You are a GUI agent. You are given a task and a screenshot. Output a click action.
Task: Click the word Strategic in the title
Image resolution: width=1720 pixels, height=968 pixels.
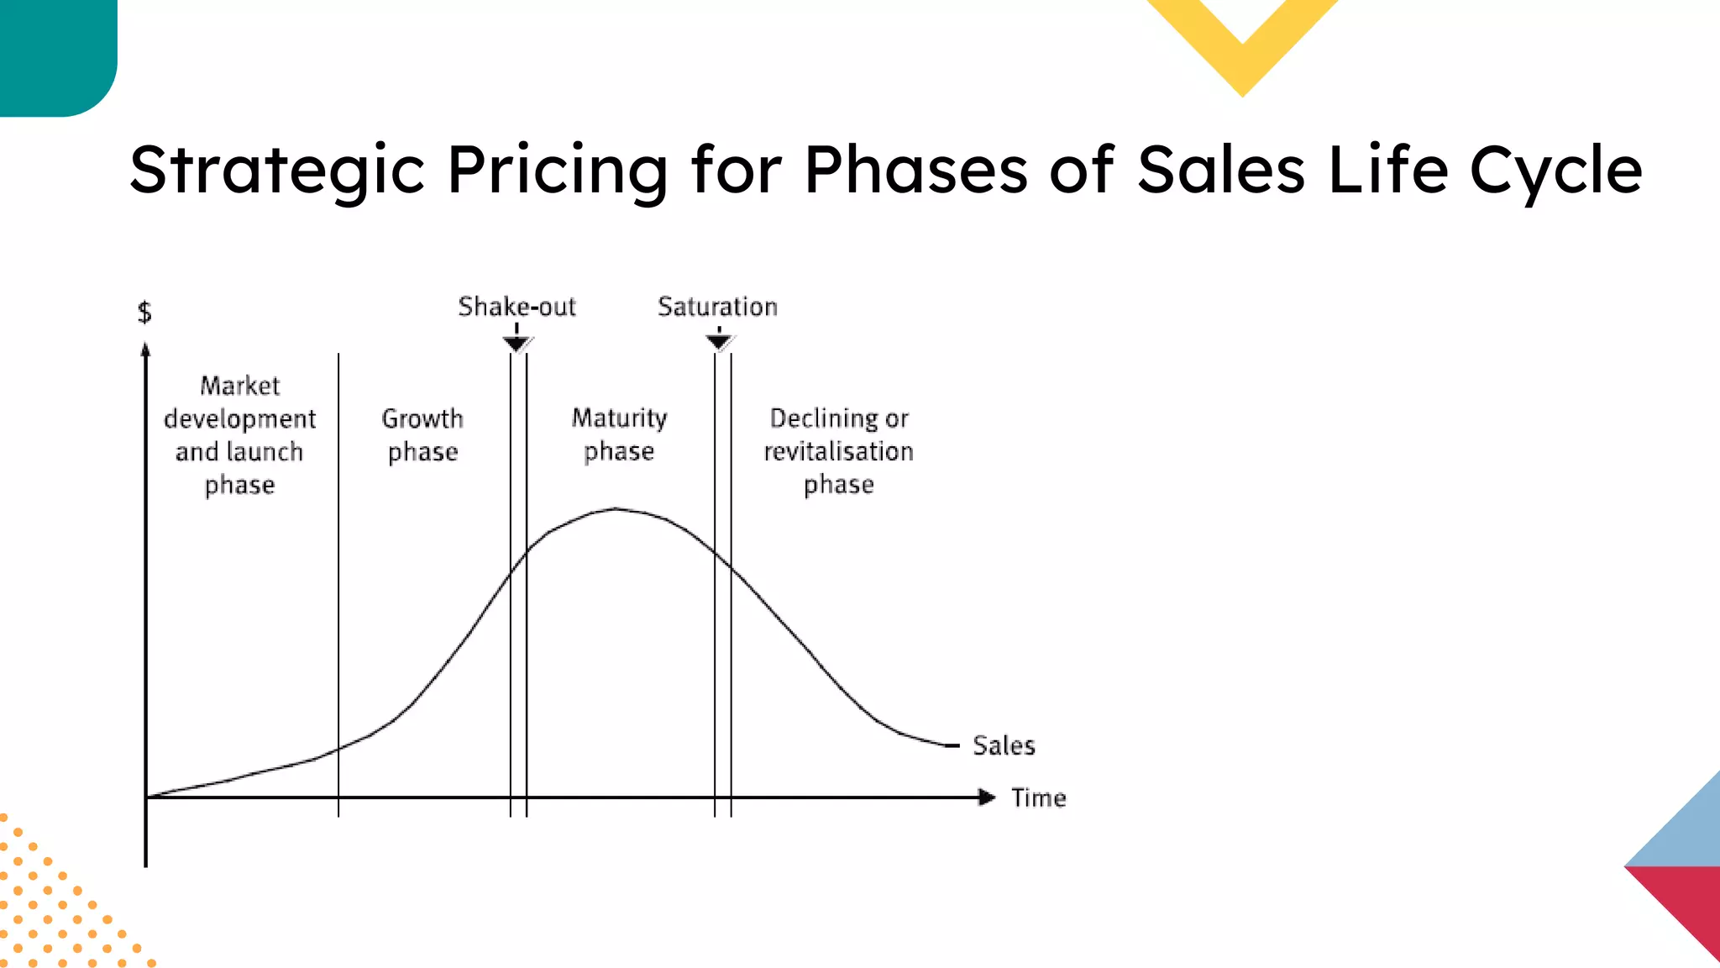pos(277,171)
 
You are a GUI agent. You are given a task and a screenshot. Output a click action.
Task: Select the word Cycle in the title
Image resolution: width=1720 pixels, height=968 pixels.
pos(1555,171)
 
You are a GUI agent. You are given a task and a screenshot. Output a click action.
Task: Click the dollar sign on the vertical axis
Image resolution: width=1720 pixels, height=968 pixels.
pos(144,313)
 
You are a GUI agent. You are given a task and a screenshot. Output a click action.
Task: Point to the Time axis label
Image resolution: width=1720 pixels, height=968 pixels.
pos(1038,797)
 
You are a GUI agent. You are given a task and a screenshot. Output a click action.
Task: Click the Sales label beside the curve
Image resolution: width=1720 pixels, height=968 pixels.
pos(1004,745)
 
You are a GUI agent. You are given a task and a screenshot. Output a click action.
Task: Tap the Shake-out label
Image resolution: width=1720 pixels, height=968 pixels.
pos(517,307)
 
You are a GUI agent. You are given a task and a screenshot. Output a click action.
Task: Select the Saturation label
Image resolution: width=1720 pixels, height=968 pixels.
pos(717,307)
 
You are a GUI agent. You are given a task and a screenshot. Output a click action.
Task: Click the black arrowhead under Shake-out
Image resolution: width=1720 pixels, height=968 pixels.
pos(517,343)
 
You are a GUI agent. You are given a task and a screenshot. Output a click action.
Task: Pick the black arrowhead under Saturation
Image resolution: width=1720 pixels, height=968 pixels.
pos(719,341)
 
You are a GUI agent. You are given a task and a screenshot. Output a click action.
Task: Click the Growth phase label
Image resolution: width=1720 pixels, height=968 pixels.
pos(422,435)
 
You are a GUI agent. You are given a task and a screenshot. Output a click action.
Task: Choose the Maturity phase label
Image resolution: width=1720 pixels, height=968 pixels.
pos(619,434)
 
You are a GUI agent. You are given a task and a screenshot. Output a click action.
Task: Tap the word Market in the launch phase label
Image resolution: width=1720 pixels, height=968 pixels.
pos(240,386)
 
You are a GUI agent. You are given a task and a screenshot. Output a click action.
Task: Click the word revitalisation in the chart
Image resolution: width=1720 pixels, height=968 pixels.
pos(838,451)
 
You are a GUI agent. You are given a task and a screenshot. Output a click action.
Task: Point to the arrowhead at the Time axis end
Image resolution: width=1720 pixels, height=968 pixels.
pos(987,797)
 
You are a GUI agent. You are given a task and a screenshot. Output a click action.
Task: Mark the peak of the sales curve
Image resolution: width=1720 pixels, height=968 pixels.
pos(616,508)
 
